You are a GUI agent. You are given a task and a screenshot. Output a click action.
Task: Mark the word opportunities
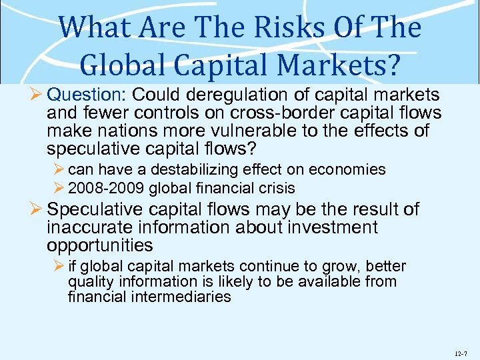tap(99, 245)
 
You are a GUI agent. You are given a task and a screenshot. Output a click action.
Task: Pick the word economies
tap(347, 169)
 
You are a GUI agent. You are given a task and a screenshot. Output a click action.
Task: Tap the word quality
tap(89, 282)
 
